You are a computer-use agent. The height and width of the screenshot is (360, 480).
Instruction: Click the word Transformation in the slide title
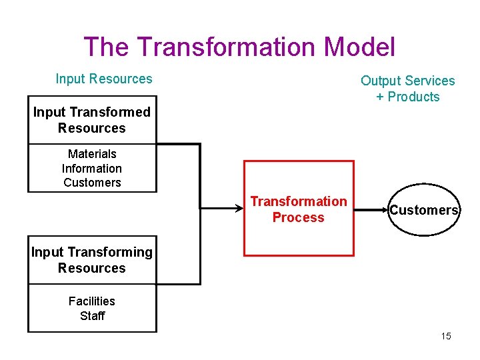coord(226,47)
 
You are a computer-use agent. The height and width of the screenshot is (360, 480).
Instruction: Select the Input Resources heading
coord(104,79)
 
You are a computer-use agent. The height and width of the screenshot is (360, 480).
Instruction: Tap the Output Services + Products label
coord(407,89)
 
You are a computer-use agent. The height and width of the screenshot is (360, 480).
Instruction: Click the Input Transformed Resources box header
coord(92,120)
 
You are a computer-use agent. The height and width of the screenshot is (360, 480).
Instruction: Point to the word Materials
coord(92,154)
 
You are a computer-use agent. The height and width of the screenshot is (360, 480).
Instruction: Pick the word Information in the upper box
coord(92,169)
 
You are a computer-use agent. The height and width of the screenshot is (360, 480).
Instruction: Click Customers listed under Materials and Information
coord(92,183)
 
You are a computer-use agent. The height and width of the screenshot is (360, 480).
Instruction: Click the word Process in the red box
coord(298,217)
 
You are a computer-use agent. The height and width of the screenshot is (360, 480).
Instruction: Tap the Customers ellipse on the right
coord(424,210)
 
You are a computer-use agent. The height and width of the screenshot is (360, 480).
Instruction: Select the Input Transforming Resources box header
coord(92,260)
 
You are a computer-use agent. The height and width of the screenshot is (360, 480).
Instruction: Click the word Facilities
coord(92,301)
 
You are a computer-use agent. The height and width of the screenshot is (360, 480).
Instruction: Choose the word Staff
coord(92,316)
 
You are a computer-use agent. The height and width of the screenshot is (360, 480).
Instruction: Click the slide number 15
coord(446,336)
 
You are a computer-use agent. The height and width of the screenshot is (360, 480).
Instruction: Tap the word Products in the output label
coord(413,97)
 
